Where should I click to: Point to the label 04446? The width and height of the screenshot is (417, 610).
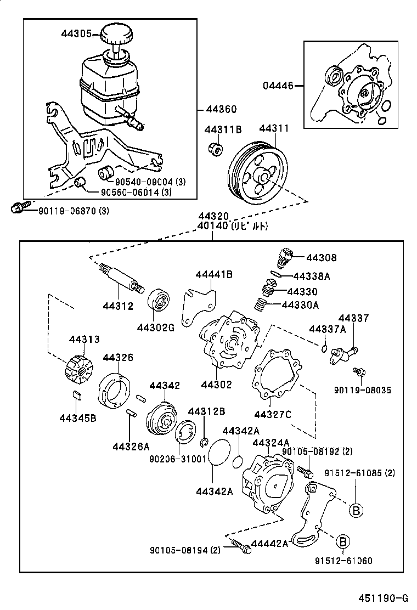277,86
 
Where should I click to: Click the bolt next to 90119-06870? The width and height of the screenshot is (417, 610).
17,208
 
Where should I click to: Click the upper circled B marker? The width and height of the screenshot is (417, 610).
356,510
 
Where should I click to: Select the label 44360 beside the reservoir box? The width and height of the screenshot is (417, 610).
221,109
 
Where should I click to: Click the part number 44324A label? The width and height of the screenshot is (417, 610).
271,442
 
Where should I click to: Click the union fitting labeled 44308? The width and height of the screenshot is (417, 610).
284,256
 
